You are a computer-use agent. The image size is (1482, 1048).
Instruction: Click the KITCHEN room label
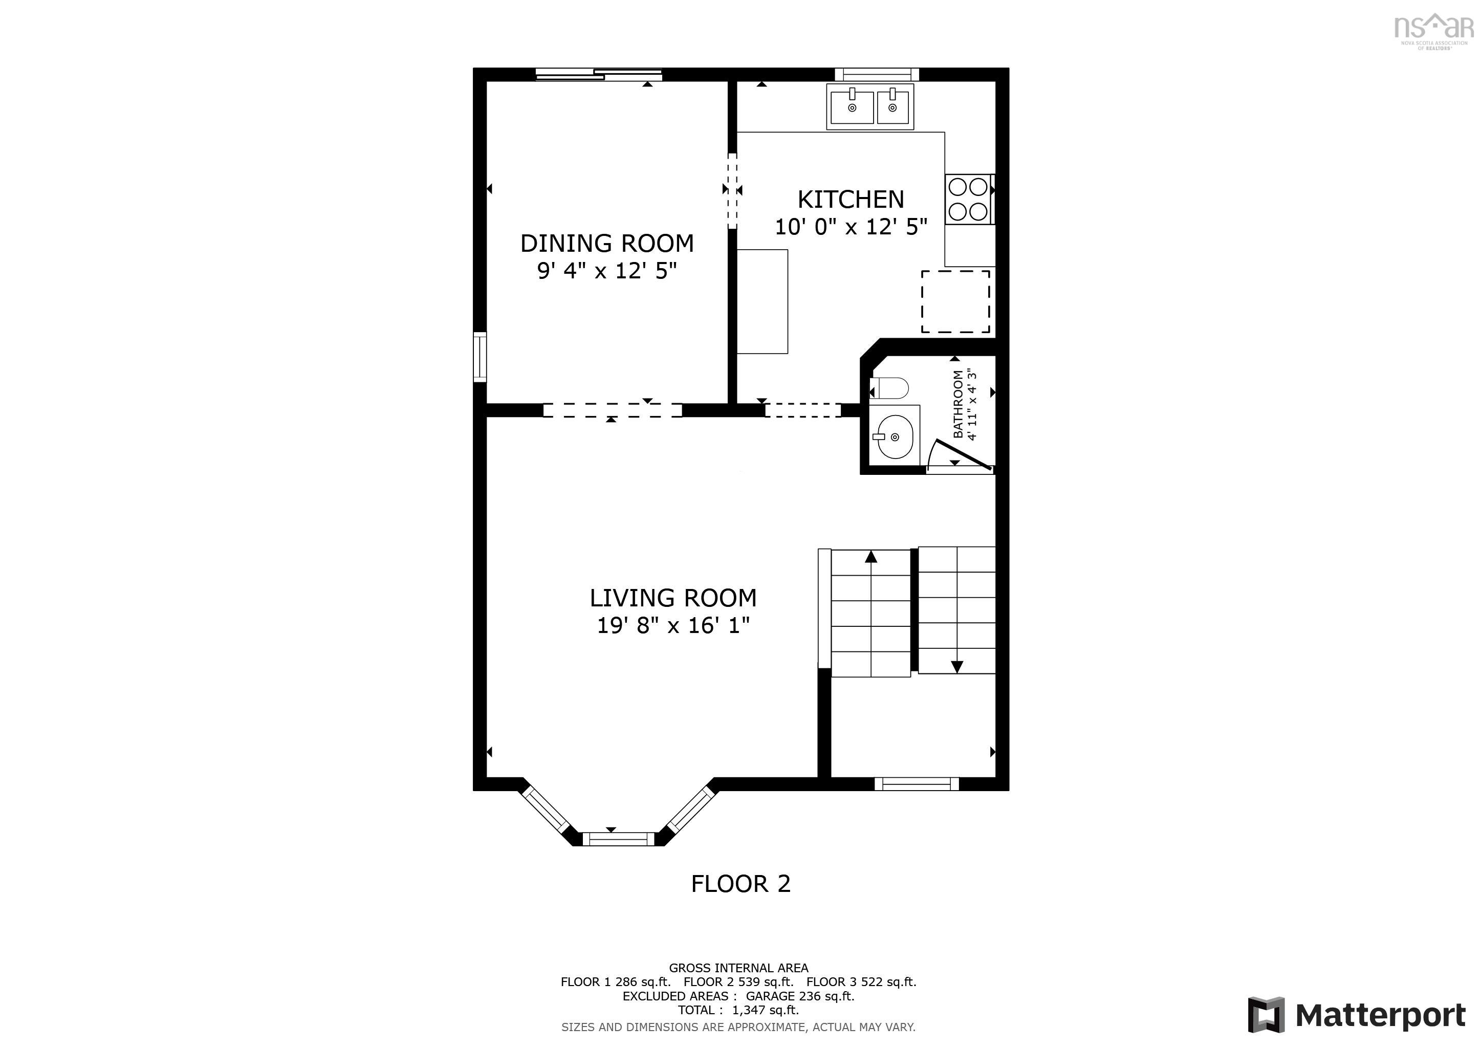click(851, 200)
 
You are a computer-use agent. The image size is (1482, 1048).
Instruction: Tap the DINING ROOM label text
click(607, 243)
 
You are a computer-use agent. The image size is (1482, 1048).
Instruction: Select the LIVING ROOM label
click(672, 598)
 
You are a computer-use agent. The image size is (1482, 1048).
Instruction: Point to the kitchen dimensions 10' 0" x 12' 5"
click(851, 227)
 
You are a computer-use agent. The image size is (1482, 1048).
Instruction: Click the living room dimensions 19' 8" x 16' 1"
click(672, 625)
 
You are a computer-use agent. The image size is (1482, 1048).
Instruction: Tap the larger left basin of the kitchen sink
click(851, 107)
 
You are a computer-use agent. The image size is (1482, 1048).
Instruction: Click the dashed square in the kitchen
click(955, 301)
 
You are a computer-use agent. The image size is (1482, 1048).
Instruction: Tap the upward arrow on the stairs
click(871, 557)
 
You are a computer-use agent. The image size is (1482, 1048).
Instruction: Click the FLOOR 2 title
click(740, 883)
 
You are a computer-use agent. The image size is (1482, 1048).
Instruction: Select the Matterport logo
click(1356, 1015)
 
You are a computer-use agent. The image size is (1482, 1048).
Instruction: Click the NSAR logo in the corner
click(1433, 30)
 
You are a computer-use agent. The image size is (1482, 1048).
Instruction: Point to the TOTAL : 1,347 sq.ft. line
click(738, 1010)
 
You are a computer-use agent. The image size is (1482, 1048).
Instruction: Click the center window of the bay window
click(618, 839)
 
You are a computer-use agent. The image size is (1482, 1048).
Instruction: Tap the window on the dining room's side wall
click(480, 356)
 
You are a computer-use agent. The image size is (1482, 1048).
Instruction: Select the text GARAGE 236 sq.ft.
click(800, 996)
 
